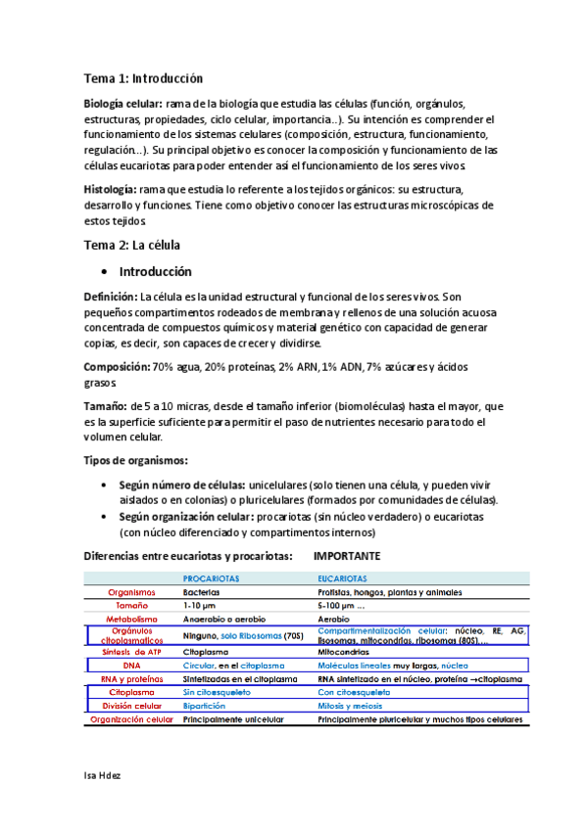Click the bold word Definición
[x=110, y=297]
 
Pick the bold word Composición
[x=116, y=366]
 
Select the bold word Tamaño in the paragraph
[x=106, y=405]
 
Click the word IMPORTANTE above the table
[x=347, y=556]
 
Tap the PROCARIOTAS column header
[x=214, y=578]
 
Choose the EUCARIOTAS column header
[x=343, y=578]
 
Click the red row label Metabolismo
[x=130, y=620]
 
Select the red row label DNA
[x=131, y=665]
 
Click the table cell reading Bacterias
[x=201, y=592]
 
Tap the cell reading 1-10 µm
[x=201, y=606]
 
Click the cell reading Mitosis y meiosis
[x=356, y=705]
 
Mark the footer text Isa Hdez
[x=103, y=774]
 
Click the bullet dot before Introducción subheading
[x=105, y=272]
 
